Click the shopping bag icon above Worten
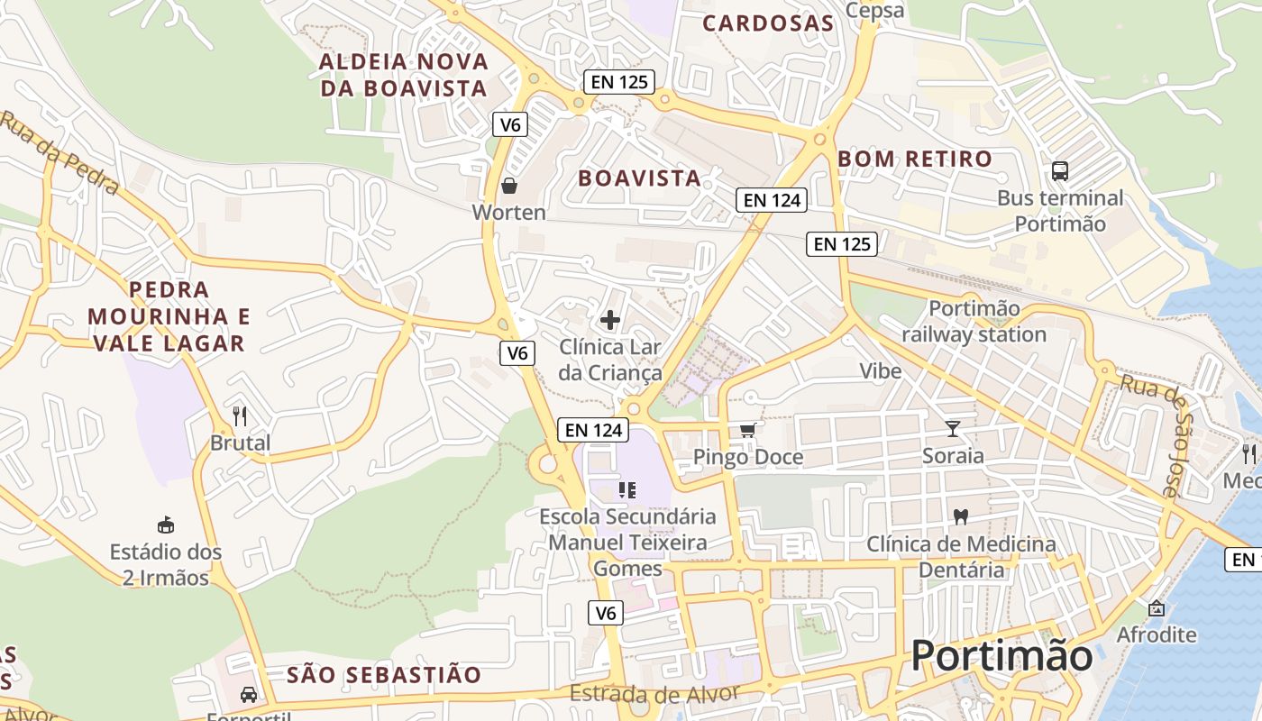[x=509, y=186]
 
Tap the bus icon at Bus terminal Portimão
[x=1060, y=170]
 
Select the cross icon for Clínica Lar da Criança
[x=610, y=319]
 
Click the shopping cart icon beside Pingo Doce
[x=747, y=430]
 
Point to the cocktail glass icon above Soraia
[x=953, y=428]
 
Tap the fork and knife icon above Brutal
[x=240, y=415]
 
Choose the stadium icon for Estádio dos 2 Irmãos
[x=166, y=525]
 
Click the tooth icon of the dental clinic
[x=961, y=517]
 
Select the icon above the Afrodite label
[x=1157, y=608]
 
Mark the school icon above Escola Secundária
[x=627, y=490]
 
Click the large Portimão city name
[x=1001, y=655]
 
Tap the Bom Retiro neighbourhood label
[x=915, y=160]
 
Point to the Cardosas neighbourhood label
[x=768, y=23]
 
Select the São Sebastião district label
[x=384, y=674]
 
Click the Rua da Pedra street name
[x=59, y=153]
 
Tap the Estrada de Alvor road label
[x=654, y=694]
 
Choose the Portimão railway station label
[x=974, y=322]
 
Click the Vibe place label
[x=880, y=371]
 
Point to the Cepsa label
[x=874, y=10]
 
